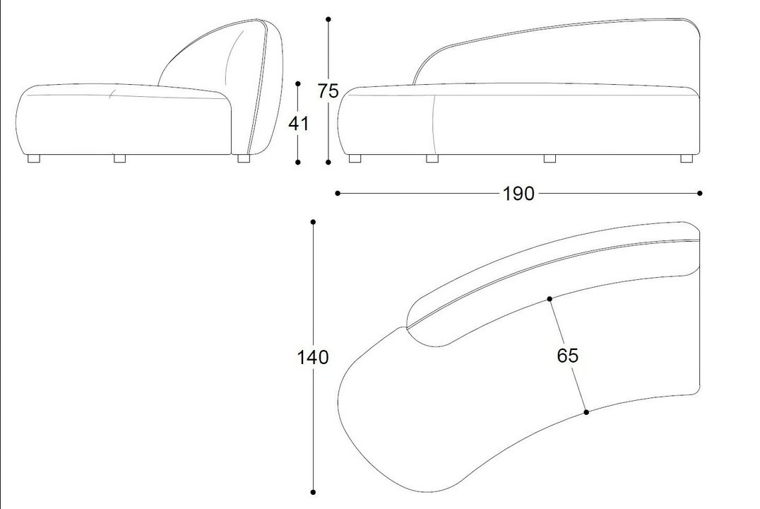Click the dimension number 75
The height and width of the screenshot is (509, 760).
pos(328,90)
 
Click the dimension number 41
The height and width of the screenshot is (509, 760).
pos(298,124)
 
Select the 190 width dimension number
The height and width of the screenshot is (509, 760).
pos(518,194)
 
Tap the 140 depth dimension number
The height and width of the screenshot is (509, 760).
pos(313,357)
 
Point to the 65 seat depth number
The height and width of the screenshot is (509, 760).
pos(568,356)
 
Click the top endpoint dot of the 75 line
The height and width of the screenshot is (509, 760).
pos(328,19)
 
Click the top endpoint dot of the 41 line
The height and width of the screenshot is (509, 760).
pos(297,84)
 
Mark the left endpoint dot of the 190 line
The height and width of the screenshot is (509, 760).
pos(338,193)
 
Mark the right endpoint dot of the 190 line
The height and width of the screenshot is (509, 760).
pos(699,193)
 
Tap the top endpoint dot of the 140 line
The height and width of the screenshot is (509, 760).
pos(313,222)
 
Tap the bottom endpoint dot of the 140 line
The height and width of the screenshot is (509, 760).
pos(313,492)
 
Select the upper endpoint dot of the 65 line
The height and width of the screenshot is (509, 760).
pos(549,299)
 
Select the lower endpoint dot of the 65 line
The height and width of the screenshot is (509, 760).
pos(586,412)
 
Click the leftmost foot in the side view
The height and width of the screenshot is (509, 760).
pos(34,158)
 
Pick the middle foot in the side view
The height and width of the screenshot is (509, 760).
pos(119,158)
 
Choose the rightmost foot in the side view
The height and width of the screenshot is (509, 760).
pos(244,158)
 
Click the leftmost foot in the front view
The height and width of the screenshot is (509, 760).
pos(355,158)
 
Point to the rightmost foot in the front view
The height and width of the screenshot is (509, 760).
pos(687,158)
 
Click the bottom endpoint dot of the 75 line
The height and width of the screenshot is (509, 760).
pos(328,162)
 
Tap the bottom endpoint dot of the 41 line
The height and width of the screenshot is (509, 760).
pos(297,162)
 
